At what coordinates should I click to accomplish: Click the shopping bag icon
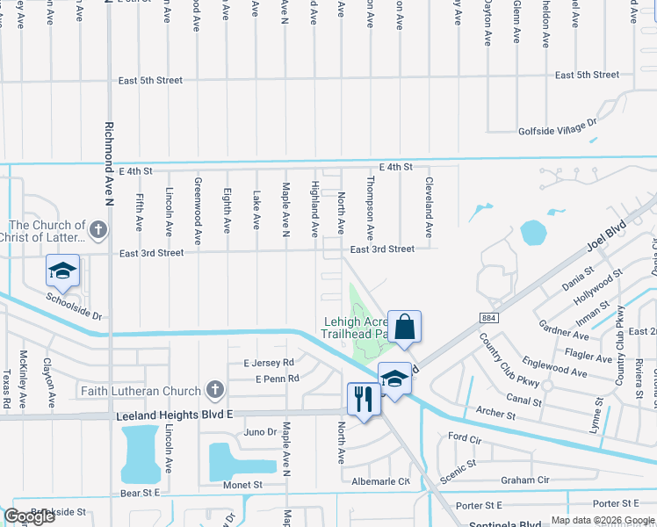point(404,327)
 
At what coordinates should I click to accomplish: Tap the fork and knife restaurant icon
point(364,399)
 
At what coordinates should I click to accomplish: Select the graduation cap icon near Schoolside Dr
point(63,271)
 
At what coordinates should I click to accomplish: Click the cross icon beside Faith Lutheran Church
point(213,390)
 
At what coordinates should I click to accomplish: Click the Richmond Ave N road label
point(111,159)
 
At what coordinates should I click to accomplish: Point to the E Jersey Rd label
point(269,362)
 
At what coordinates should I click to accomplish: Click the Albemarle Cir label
point(380,481)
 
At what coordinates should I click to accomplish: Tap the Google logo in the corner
point(30,516)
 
